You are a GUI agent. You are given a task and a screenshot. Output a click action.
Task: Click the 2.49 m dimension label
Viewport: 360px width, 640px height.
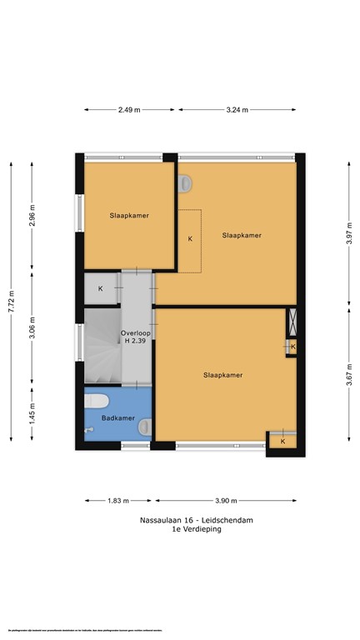point(129,108)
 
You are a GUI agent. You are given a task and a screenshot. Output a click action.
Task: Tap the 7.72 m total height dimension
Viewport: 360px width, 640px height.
point(11,297)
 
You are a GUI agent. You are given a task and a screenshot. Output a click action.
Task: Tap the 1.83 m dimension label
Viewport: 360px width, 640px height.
point(117,501)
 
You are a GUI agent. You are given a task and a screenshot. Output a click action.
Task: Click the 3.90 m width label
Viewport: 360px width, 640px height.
point(226,501)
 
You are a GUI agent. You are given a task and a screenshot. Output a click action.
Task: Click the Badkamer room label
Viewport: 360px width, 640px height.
point(117,417)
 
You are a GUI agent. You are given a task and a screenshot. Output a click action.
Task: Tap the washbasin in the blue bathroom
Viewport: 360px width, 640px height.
point(145,427)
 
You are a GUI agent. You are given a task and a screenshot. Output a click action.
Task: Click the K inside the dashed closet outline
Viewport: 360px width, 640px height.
point(190,239)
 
